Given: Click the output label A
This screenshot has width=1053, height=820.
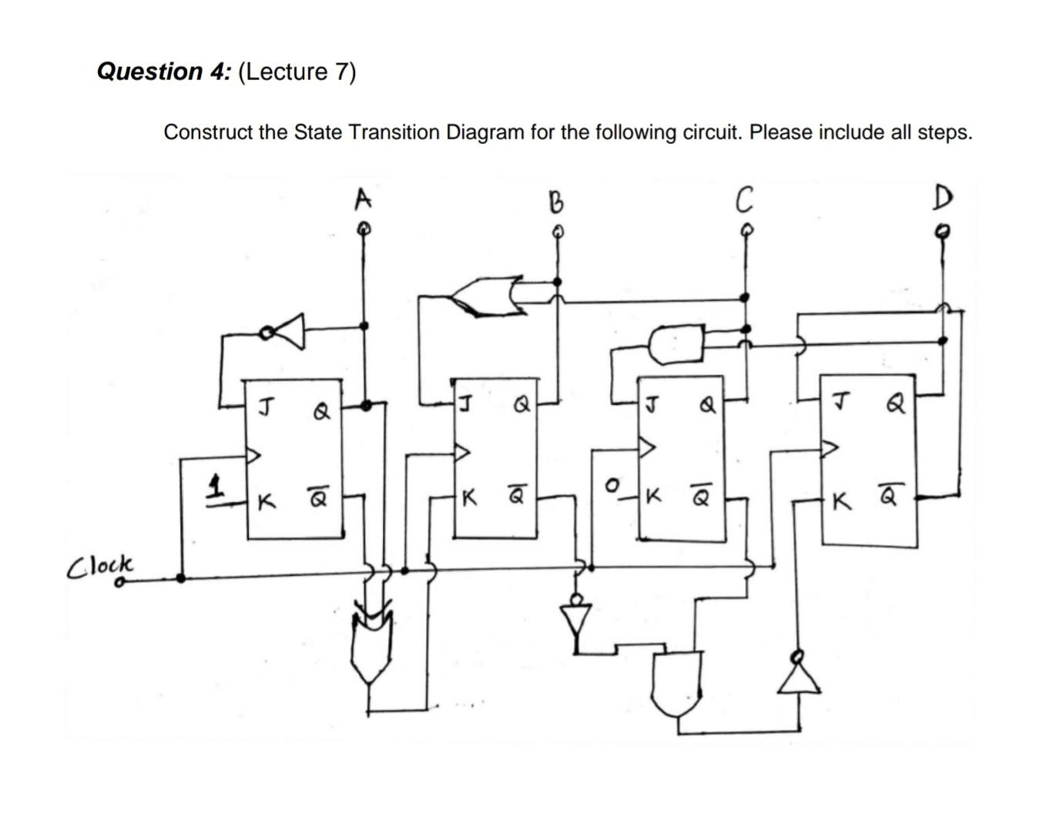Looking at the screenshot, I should coord(362,199).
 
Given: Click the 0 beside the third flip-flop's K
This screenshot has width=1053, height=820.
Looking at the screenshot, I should coord(612,486).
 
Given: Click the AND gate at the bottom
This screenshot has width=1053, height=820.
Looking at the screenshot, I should coord(676,682).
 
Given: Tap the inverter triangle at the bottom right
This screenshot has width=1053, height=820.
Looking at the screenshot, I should coord(798,677).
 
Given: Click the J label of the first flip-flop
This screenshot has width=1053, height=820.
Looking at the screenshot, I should coord(263,406).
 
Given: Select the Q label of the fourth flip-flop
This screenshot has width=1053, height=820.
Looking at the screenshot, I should coord(895,403).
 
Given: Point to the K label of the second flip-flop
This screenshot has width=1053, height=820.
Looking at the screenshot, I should coord(468,499).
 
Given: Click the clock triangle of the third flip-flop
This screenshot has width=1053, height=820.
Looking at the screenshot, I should coord(647,447).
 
